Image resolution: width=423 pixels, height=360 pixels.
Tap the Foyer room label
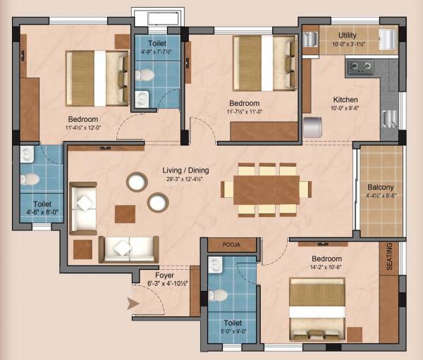166,275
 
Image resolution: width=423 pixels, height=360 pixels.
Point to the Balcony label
381,187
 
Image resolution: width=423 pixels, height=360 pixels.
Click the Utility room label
347,35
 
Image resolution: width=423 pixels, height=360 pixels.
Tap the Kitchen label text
345,100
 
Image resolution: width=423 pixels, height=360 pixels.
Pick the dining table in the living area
266,190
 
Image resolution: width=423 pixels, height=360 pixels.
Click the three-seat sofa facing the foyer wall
128,248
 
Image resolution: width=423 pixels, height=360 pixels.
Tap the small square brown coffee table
125,213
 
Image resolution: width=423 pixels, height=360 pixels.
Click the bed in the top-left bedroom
97,68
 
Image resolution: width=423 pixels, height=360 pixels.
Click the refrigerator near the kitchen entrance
313,128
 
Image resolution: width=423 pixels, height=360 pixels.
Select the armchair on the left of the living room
83,206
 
